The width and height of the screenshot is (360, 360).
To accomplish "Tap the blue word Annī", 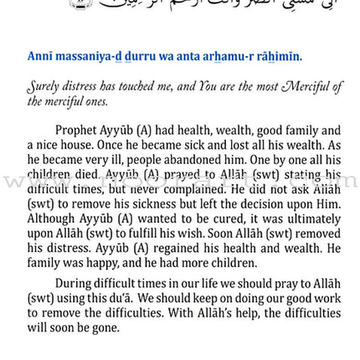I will (x=40, y=56).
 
